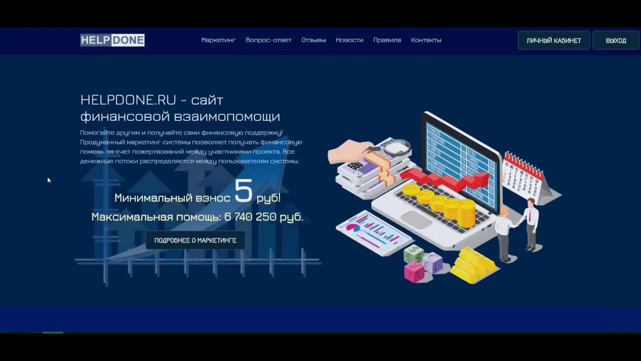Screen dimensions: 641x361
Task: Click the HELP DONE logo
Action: [112, 40]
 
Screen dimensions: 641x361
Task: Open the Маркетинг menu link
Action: [218, 40]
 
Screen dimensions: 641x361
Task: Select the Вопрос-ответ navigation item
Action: [268, 40]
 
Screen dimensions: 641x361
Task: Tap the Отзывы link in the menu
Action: [313, 40]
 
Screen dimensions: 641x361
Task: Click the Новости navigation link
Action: [350, 40]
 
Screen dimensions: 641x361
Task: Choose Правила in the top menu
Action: [387, 40]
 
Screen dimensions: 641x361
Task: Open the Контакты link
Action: [426, 40]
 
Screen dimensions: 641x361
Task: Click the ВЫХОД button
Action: [616, 41]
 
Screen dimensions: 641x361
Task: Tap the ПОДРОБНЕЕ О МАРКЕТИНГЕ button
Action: [195, 240]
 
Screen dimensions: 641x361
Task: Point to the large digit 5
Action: [243, 191]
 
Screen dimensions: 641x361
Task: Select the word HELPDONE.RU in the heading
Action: [128, 100]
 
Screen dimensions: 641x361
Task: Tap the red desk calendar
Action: [526, 175]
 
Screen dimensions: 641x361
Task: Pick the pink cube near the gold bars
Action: [414, 272]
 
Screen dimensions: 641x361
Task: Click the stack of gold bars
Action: [474, 265]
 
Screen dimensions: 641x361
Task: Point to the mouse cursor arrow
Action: [49, 180]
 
